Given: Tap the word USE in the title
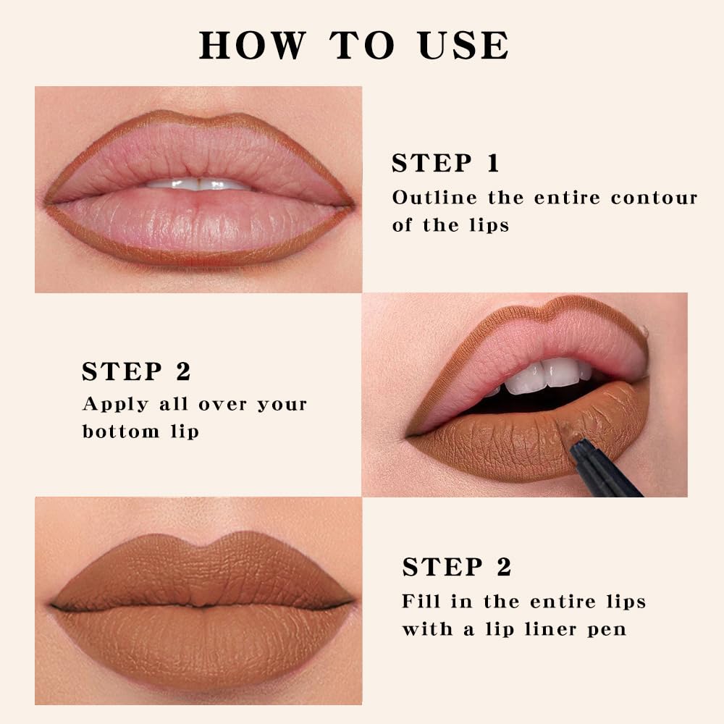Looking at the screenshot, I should click(463, 45).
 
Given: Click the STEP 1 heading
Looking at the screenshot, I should click(445, 164).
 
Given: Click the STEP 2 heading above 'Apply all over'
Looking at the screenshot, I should click(136, 371).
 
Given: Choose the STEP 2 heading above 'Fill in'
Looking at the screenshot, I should click(457, 568).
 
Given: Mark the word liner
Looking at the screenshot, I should click(546, 628).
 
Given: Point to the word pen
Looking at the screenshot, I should click(607, 630).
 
